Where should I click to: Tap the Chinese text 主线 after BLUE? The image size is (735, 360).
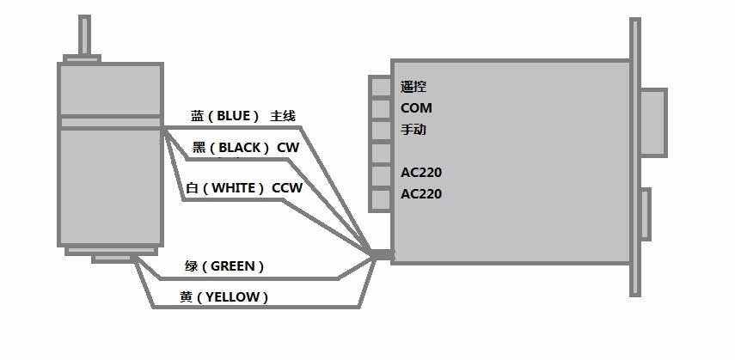click(x=283, y=116)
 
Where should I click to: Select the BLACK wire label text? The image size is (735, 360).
click(x=241, y=148)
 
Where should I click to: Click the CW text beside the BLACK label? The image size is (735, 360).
click(x=288, y=148)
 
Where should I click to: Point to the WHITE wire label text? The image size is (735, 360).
click(x=233, y=187)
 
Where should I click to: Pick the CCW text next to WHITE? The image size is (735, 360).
click(x=287, y=187)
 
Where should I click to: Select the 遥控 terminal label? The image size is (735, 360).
click(x=413, y=87)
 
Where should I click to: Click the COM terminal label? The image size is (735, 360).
click(x=416, y=108)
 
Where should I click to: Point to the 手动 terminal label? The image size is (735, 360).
click(x=413, y=130)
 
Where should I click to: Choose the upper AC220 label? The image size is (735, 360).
click(x=421, y=173)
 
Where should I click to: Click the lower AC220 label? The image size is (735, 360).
click(x=421, y=194)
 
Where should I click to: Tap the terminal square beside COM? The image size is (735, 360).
click(x=380, y=109)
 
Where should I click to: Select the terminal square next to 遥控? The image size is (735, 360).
click(x=380, y=87)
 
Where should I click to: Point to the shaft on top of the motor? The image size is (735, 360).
click(x=84, y=34)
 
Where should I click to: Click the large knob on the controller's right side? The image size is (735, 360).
click(x=653, y=122)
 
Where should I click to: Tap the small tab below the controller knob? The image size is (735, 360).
click(x=646, y=214)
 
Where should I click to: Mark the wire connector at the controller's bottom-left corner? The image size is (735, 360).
click(x=383, y=254)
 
